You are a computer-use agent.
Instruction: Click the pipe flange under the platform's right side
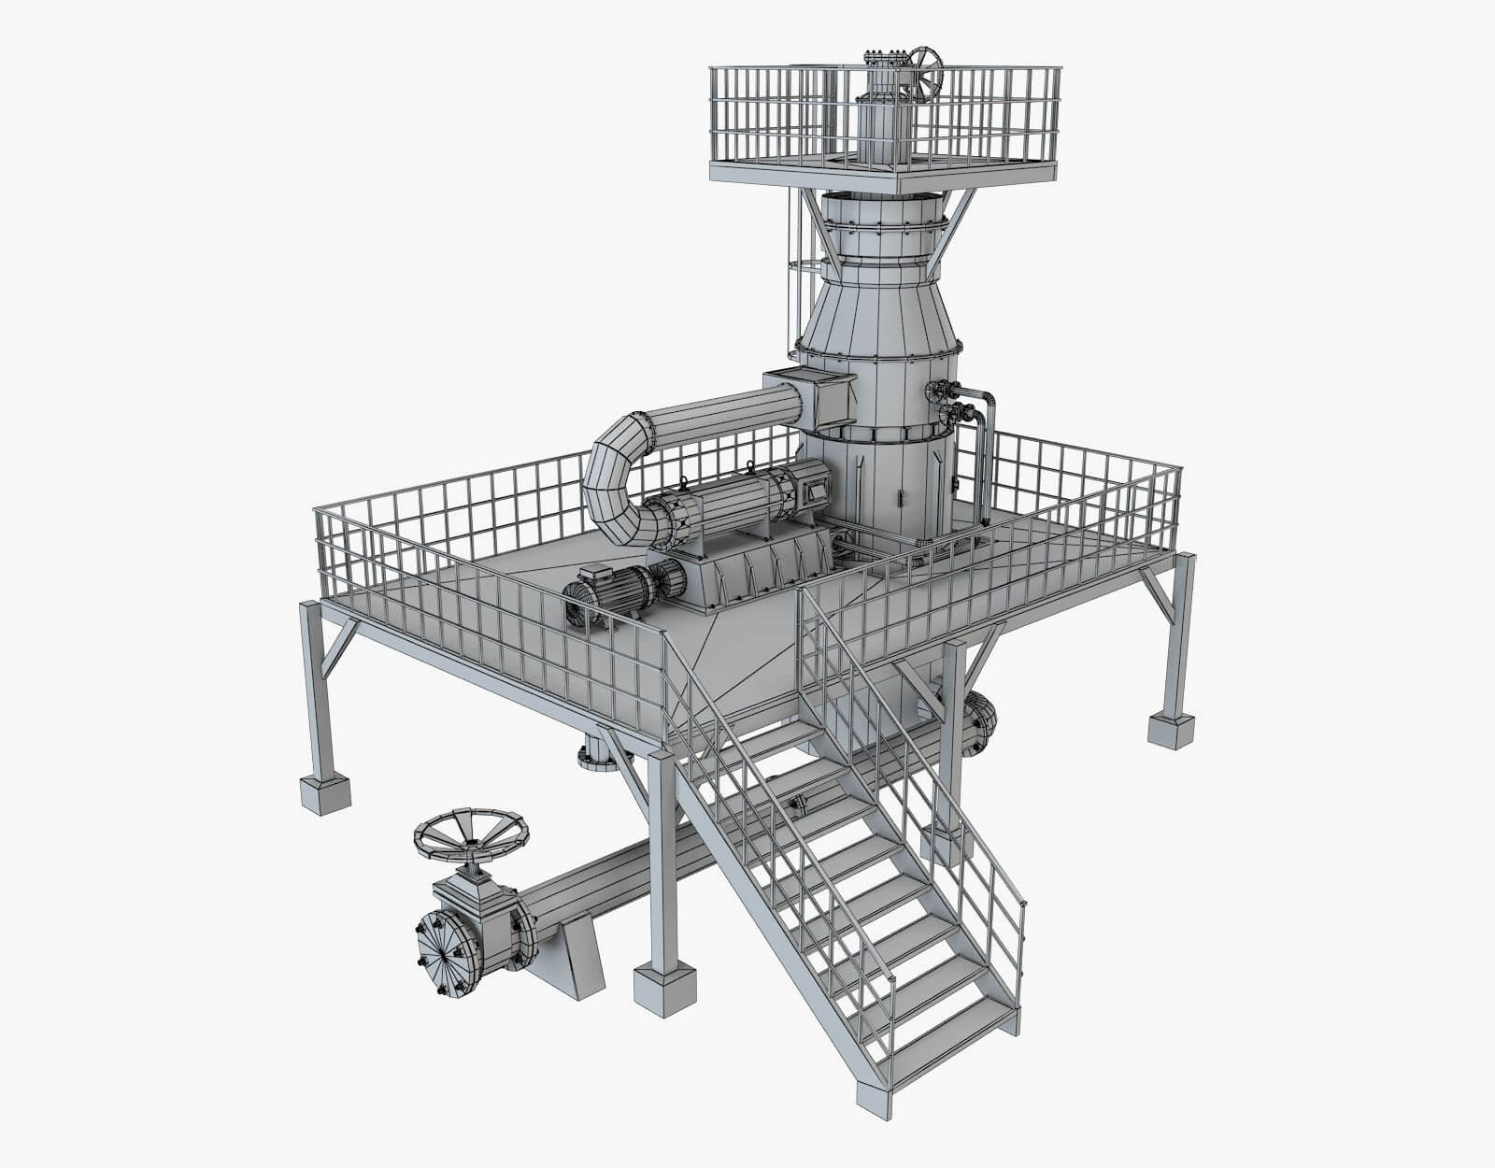(x=980, y=721)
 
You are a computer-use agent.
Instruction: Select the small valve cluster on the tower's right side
(x=946, y=402)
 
